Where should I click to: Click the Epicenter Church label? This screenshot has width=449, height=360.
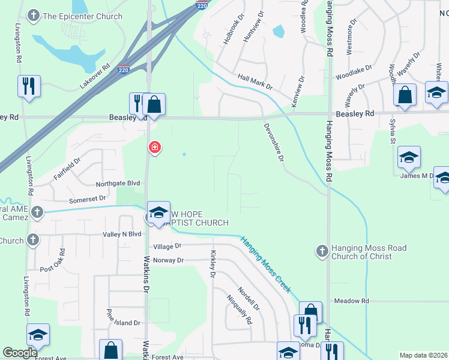[x=82, y=16]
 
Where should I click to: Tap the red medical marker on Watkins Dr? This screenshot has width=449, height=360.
[x=155, y=147]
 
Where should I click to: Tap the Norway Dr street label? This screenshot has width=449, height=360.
[x=167, y=260]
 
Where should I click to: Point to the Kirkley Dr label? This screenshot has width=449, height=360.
[x=212, y=265]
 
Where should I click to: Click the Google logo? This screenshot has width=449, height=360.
[x=20, y=353]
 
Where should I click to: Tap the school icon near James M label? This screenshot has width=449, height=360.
[x=409, y=158]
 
